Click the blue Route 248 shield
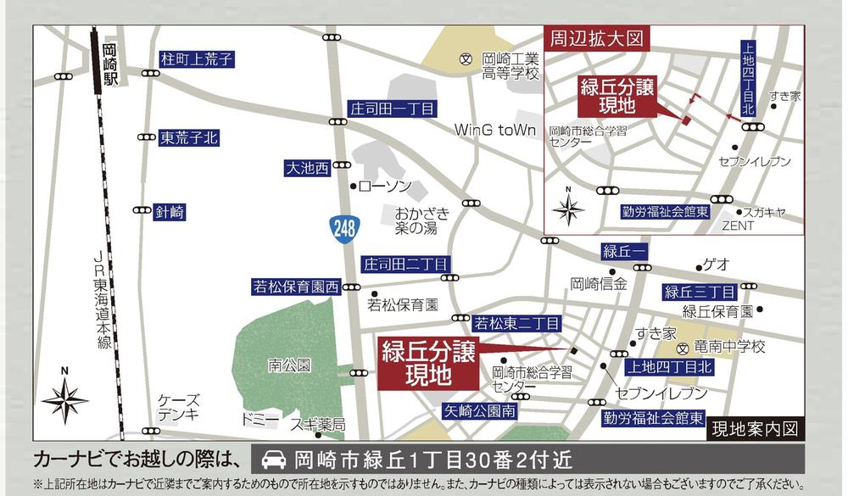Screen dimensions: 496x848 pos(346,228)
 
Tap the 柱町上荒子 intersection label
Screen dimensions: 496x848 pos(197,60)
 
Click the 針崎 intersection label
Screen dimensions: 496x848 pos(170,212)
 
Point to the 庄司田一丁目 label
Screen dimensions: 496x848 pos(392,109)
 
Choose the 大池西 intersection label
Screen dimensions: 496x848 pos(306,169)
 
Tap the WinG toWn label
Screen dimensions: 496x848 pos(496,131)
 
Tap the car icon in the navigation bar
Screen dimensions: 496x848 pos(273,461)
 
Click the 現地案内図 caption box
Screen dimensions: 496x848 pos(755,428)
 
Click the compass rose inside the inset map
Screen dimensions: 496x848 pos(568,208)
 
